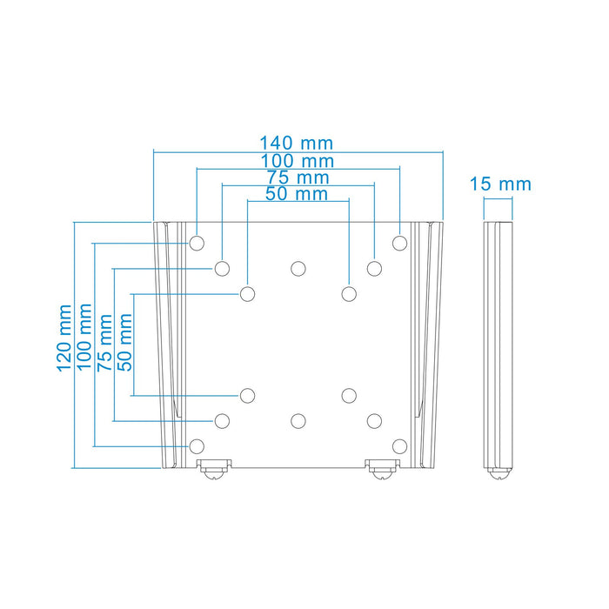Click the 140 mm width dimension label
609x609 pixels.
click(x=297, y=143)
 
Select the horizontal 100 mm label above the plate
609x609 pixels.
click(x=297, y=160)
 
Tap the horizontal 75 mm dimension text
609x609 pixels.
click(x=297, y=177)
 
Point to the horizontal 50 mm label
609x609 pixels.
click(x=297, y=194)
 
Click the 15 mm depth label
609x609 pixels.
click(x=499, y=184)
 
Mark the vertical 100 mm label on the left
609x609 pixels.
click(x=85, y=338)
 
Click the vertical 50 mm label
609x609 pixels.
click(x=125, y=343)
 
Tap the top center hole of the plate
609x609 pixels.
click(x=298, y=268)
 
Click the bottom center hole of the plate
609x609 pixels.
click(x=298, y=421)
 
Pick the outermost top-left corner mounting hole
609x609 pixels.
click(x=197, y=243)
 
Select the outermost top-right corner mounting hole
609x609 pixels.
click(x=399, y=243)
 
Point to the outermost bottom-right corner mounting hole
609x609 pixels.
click(x=399, y=446)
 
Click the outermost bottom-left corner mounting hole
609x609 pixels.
click(x=197, y=446)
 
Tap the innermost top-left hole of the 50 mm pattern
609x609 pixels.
click(x=248, y=293)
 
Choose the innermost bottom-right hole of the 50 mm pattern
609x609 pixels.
click(x=349, y=396)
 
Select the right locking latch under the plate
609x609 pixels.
click(x=380, y=469)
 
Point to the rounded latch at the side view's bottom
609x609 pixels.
click(x=499, y=472)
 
